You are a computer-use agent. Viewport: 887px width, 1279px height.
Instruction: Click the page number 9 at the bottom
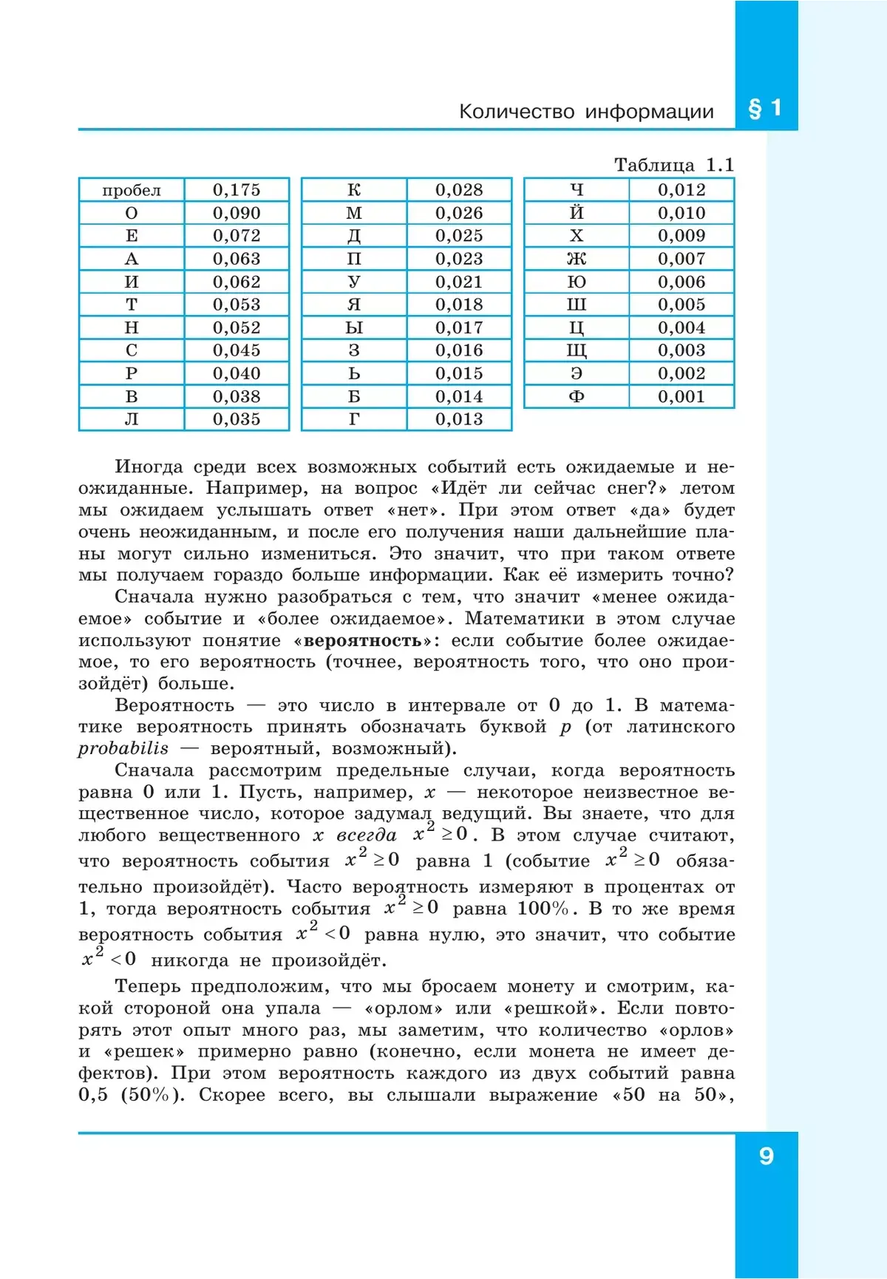click(x=766, y=1156)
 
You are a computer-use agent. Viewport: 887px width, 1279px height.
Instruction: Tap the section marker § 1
click(x=765, y=109)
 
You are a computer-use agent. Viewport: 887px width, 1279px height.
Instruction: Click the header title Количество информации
click(x=586, y=112)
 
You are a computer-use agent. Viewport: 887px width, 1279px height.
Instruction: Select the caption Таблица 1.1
click(x=673, y=165)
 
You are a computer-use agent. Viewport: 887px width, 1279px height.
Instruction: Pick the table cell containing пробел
click(x=132, y=190)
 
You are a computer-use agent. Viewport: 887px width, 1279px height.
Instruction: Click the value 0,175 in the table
click(x=237, y=190)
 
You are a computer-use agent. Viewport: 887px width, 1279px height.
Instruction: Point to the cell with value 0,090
click(x=237, y=213)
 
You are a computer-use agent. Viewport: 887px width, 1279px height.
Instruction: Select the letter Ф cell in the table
click(x=577, y=396)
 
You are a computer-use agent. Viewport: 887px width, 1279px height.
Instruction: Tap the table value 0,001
click(x=682, y=396)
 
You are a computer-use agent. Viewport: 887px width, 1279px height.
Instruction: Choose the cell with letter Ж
click(x=577, y=259)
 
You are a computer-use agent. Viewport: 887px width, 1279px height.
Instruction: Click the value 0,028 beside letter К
click(x=459, y=190)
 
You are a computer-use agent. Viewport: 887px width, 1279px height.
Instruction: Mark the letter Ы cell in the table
click(x=354, y=328)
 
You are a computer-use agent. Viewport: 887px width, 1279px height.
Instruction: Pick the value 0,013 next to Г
click(x=459, y=419)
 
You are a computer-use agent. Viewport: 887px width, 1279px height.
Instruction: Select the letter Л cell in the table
click(x=132, y=419)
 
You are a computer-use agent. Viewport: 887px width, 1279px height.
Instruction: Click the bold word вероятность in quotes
click(x=362, y=640)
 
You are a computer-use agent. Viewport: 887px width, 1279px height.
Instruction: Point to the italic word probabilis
click(x=123, y=748)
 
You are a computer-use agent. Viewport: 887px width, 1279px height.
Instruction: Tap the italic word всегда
click(x=367, y=835)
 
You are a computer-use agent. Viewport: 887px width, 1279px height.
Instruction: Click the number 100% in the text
click(x=543, y=909)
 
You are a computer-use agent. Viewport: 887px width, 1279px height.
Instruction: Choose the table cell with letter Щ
click(x=577, y=350)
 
